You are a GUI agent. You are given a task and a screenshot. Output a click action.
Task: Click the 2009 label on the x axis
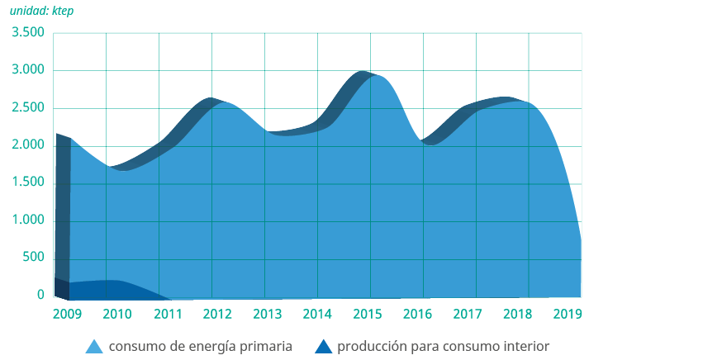66,315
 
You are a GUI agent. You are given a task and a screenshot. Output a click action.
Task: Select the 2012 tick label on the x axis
216,315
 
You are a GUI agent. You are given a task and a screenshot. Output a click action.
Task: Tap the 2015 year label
368,315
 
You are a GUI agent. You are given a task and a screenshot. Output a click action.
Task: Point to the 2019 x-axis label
568,315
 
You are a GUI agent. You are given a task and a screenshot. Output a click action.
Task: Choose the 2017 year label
468,315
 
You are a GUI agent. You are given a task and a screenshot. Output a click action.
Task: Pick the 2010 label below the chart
116,315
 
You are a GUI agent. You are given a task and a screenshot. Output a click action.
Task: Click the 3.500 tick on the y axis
27,33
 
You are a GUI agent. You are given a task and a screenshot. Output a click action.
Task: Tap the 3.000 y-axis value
27,71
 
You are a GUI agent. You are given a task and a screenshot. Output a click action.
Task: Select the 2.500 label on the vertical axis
27,108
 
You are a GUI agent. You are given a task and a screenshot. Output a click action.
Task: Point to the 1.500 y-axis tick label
27,183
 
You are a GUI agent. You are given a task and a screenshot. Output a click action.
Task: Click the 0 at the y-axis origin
40,296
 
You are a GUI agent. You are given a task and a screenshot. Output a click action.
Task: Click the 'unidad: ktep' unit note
41,11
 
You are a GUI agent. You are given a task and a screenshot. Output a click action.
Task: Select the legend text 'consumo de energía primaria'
200,347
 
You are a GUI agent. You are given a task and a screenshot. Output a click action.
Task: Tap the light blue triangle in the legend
95,347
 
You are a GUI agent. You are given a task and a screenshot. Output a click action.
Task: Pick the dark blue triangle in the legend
324,347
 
